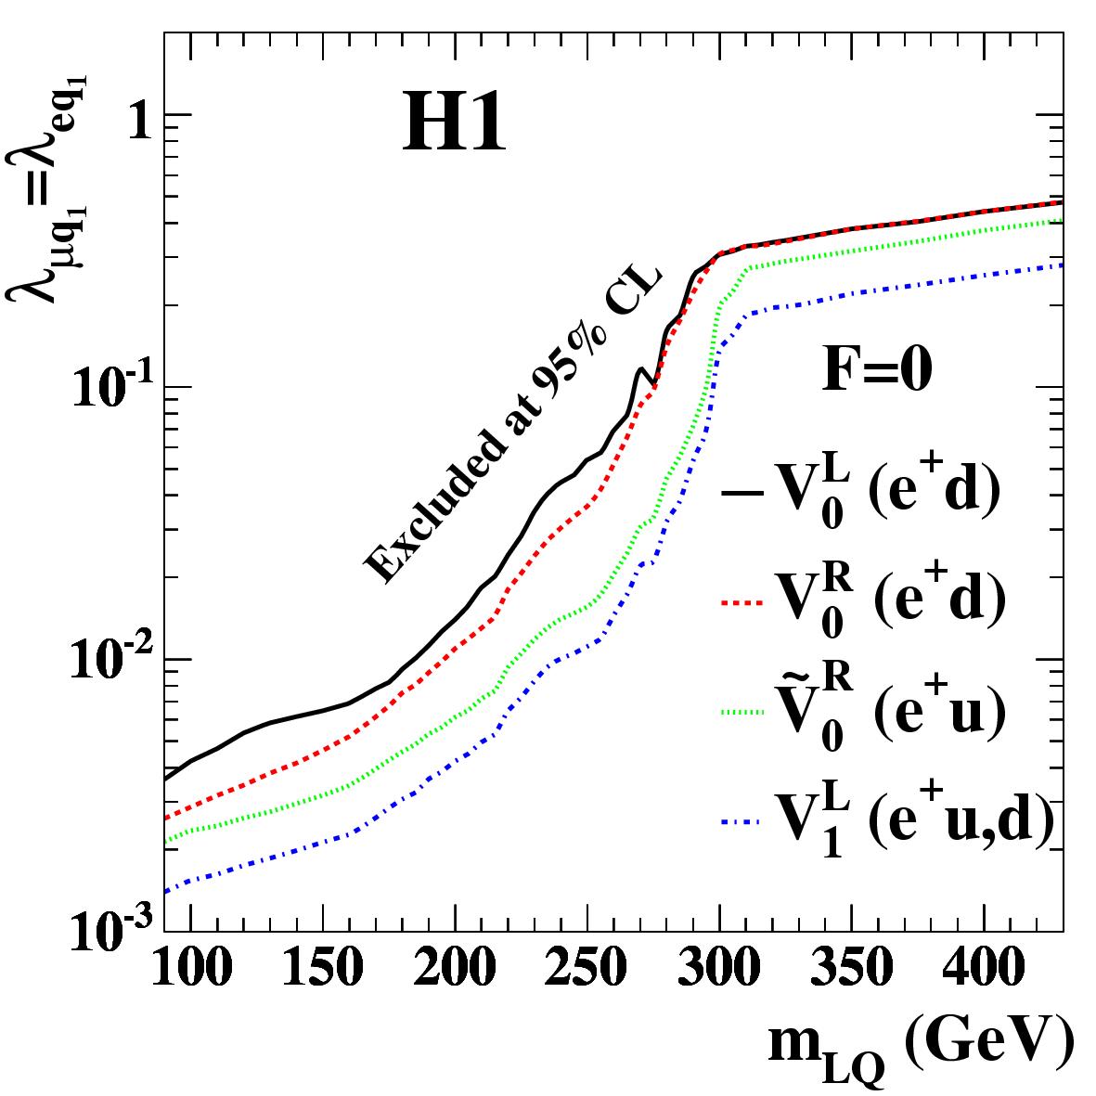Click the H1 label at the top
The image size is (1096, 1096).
[455, 126]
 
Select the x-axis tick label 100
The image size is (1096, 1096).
[190, 969]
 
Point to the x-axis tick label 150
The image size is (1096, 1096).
[322, 969]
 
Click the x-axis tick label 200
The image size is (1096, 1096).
[454, 969]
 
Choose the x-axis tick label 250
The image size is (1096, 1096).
[586, 969]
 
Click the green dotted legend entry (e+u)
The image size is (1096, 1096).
[863, 713]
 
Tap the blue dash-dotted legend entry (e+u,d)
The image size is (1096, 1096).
[887, 822]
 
